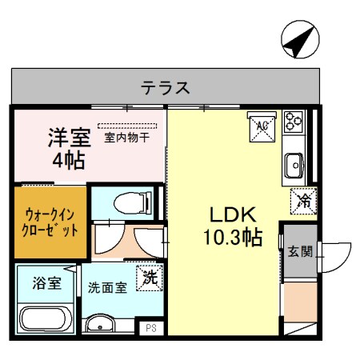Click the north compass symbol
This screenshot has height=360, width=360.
pyautogui.click(x=298, y=41)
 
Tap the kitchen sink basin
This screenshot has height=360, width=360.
pyautogui.click(x=294, y=166)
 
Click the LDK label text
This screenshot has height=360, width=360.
pyautogui.click(x=232, y=215)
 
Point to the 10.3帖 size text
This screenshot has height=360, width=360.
pyautogui.click(x=232, y=238)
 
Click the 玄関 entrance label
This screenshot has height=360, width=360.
pyautogui.click(x=301, y=250)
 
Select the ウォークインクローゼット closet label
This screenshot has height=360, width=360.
pyautogui.click(x=50, y=222)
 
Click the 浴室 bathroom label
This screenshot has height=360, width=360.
pyautogui.click(x=46, y=282)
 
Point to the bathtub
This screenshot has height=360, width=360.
pyautogui.click(x=46, y=315)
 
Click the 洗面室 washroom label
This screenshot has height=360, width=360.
pyautogui.click(x=107, y=287)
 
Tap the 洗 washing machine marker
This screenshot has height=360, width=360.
pyautogui.click(x=149, y=278)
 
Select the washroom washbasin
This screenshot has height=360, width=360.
pyautogui.click(x=102, y=325)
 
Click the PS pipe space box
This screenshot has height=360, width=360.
pyautogui.click(x=150, y=327)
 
